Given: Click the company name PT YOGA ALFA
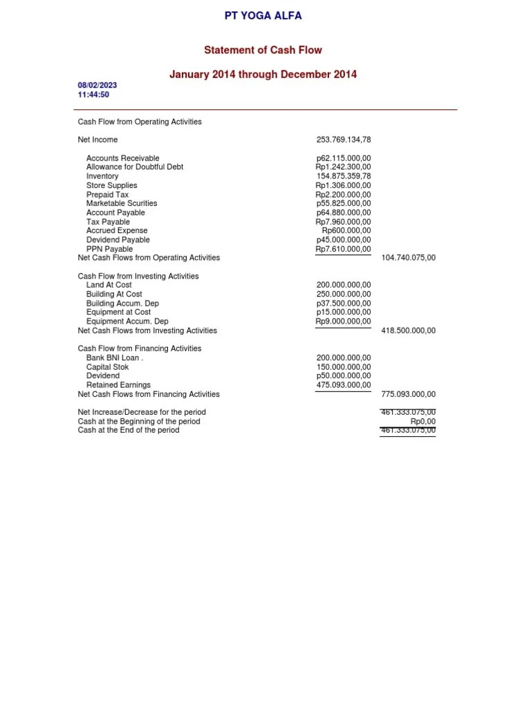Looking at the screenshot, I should (x=263, y=15).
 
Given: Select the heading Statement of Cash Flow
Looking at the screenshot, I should (x=263, y=50).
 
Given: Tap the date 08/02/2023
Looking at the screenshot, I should (x=97, y=85).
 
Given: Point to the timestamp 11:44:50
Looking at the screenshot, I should (x=93, y=95).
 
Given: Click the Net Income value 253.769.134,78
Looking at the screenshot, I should (x=344, y=140).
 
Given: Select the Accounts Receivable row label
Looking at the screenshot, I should (x=122, y=158).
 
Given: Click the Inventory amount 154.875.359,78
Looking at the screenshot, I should (x=344, y=176).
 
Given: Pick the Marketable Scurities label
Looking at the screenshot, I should (x=122, y=203).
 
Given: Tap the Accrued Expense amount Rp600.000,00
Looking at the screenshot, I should (x=346, y=231).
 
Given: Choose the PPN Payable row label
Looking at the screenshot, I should (x=109, y=249).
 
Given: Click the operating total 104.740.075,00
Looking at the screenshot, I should (x=409, y=258).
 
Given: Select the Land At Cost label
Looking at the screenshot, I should (x=109, y=285).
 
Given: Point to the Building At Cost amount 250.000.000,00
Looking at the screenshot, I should (x=344, y=294).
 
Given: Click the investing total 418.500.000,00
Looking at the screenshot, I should (x=409, y=330).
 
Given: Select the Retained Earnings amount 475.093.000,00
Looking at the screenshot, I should (x=344, y=385).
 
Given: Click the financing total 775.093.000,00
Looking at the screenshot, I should (x=409, y=394).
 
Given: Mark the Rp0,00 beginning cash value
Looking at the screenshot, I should (x=423, y=421).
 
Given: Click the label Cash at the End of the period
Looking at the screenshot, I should (x=129, y=430).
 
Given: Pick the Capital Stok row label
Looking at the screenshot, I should (x=107, y=367).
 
